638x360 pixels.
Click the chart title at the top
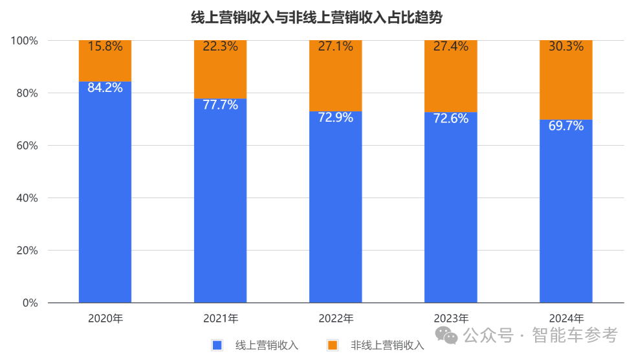[316, 18]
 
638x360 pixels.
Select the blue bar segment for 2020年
[105, 194]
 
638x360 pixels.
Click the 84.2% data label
[105, 87]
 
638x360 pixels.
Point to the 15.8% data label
[105, 47]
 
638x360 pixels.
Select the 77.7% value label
[220, 105]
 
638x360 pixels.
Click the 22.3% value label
[220, 47]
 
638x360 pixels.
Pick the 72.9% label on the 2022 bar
[335, 118]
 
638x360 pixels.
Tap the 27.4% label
[450, 47]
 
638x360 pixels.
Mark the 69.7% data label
[566, 126]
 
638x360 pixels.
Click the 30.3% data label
[566, 47]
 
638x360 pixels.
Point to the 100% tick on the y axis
[25, 41]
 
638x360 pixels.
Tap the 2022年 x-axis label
[336, 319]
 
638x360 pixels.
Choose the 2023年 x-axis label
[451, 319]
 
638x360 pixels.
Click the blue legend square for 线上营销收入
[217, 345]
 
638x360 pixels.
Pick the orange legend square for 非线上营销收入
[333, 345]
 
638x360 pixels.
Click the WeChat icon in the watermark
[445, 335]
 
